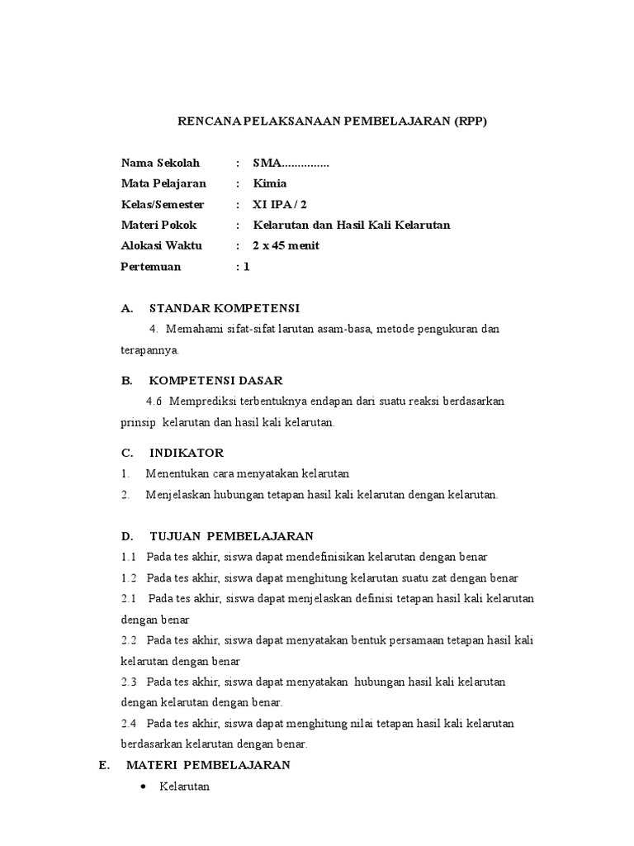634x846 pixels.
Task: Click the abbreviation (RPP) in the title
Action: pos(470,121)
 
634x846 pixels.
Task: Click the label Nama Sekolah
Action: pos(160,164)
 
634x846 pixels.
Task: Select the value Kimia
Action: pos(270,183)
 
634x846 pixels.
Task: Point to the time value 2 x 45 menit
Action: pos(286,245)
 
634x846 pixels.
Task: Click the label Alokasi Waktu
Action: pos(161,245)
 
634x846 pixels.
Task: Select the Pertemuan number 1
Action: pos(245,267)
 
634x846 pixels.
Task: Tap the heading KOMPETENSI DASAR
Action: pos(215,380)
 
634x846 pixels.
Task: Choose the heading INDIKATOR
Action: pos(186,453)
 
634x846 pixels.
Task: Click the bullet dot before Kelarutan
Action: pos(142,787)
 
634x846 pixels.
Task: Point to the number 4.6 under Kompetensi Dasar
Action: pos(154,402)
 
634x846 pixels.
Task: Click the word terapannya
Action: pos(149,350)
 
